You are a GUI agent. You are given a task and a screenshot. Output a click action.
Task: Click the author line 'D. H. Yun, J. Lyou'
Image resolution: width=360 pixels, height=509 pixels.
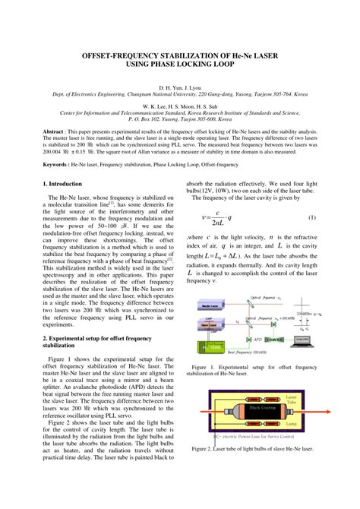click(179, 88)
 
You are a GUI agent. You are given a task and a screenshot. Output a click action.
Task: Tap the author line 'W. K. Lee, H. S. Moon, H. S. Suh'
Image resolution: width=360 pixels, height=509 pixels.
click(179, 106)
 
